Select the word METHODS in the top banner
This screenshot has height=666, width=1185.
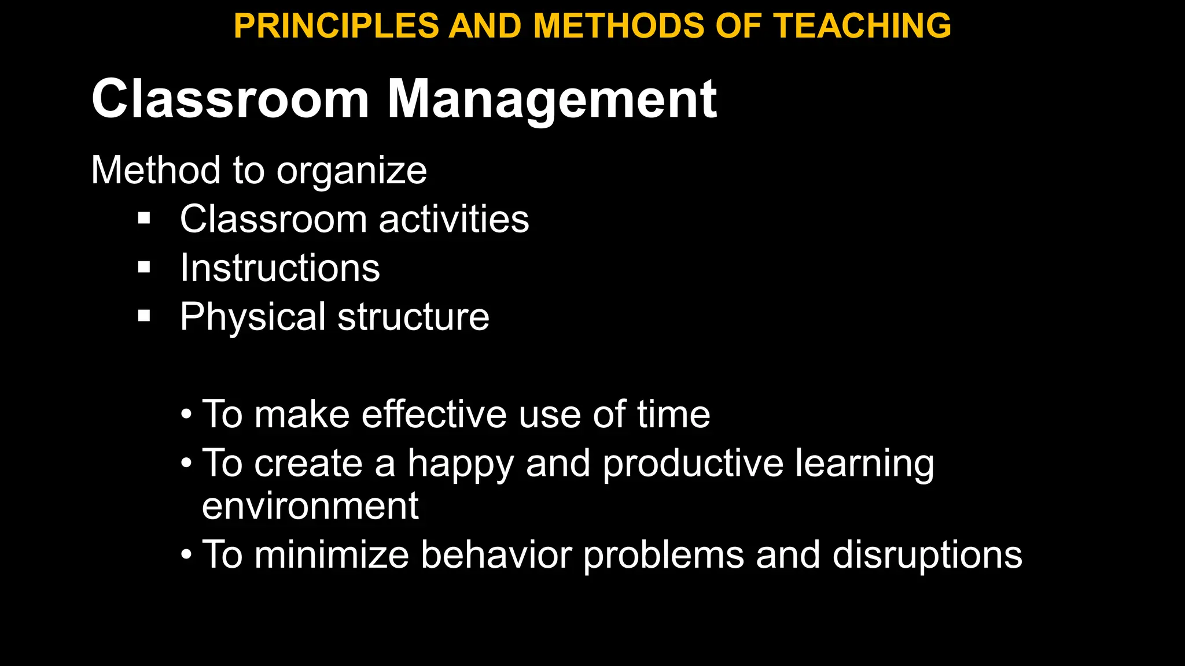click(x=618, y=26)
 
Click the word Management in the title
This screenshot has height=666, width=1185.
click(x=551, y=99)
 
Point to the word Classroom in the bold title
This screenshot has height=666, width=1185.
click(x=230, y=99)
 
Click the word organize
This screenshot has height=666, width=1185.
click(x=351, y=172)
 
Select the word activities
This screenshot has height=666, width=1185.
click(x=454, y=219)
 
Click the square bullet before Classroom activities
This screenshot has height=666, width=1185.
click(x=144, y=219)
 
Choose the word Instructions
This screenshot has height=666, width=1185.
click(x=280, y=268)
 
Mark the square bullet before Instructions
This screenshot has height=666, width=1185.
click(x=144, y=267)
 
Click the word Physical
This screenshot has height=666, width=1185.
click(x=253, y=317)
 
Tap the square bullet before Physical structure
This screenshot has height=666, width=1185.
click(x=144, y=316)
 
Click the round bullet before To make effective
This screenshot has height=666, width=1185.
click(x=186, y=415)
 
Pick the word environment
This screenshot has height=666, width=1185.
click(x=310, y=506)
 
